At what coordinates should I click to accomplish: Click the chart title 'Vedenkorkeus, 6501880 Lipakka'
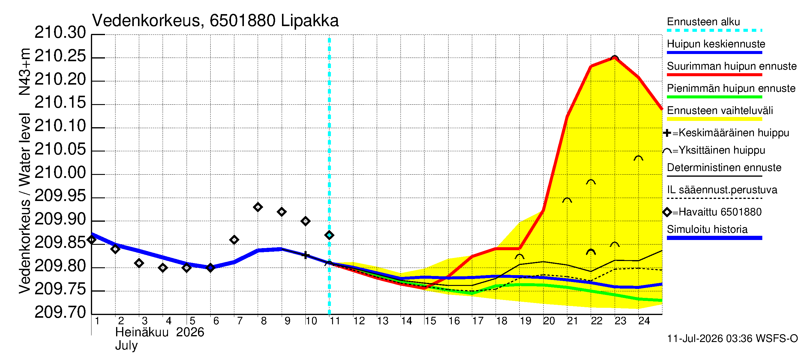215,21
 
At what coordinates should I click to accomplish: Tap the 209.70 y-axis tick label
60,313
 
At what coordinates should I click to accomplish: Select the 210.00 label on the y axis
60,173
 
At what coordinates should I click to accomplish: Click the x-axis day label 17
478,321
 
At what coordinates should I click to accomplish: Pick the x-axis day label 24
644,321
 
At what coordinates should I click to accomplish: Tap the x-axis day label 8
263,321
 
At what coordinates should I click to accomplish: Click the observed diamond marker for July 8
258,207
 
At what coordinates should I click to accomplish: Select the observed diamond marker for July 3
139,263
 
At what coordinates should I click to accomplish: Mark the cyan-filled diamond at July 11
329,235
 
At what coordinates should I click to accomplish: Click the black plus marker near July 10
305,255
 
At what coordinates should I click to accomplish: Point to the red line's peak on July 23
614,58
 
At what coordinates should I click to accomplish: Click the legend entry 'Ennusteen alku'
703,22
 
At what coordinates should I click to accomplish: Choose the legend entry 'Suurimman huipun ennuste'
732,66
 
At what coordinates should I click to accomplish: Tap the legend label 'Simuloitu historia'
707,229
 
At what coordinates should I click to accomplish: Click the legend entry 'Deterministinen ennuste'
724,168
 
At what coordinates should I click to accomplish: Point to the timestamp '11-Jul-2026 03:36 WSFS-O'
732,339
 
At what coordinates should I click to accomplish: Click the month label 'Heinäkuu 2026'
160,332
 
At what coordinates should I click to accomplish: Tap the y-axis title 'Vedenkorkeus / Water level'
25,204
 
